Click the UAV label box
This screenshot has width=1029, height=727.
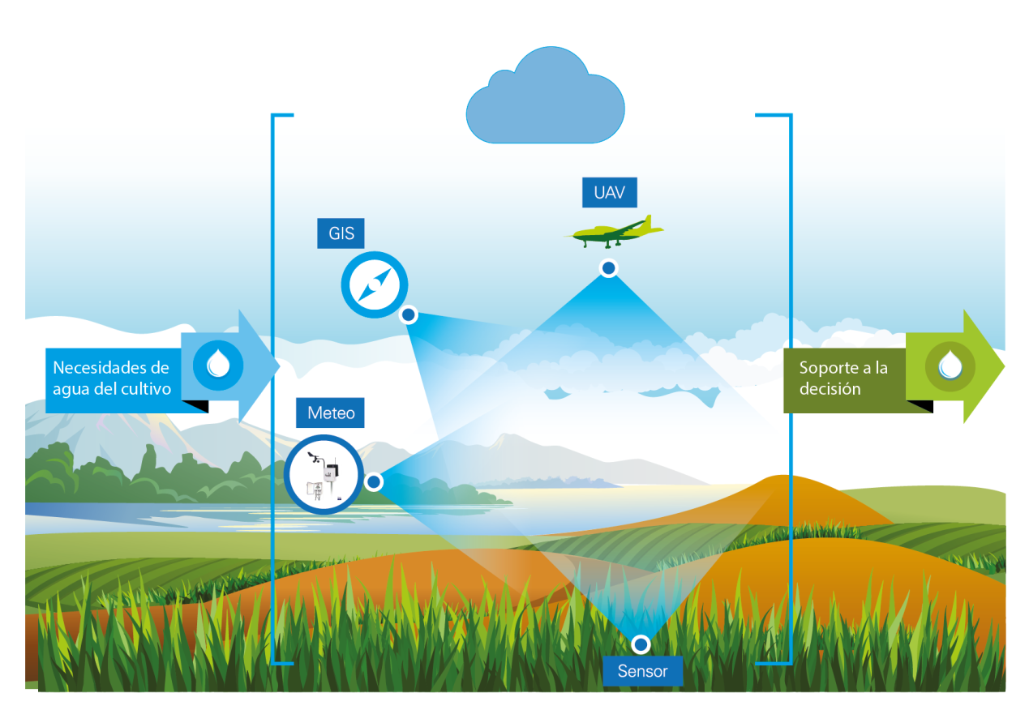click(609, 193)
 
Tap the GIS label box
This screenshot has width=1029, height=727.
click(341, 233)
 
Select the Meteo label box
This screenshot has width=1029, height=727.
click(331, 413)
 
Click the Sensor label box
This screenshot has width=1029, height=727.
click(642, 671)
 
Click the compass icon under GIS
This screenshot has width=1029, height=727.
click(374, 285)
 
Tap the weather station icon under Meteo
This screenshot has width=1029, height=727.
click(323, 475)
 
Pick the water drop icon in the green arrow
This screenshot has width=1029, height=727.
click(950, 365)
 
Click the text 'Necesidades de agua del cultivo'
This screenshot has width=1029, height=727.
click(112, 378)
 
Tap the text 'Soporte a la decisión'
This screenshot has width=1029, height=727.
click(843, 378)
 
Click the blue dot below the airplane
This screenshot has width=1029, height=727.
click(608, 267)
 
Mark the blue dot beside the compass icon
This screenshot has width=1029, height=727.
click(409, 314)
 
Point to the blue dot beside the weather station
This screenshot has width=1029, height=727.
click(374, 482)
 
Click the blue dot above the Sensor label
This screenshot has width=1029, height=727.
click(641, 644)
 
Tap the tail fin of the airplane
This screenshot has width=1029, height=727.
click(651, 223)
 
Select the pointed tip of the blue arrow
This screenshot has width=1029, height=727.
click(278, 366)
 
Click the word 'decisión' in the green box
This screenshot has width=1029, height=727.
click(830, 389)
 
